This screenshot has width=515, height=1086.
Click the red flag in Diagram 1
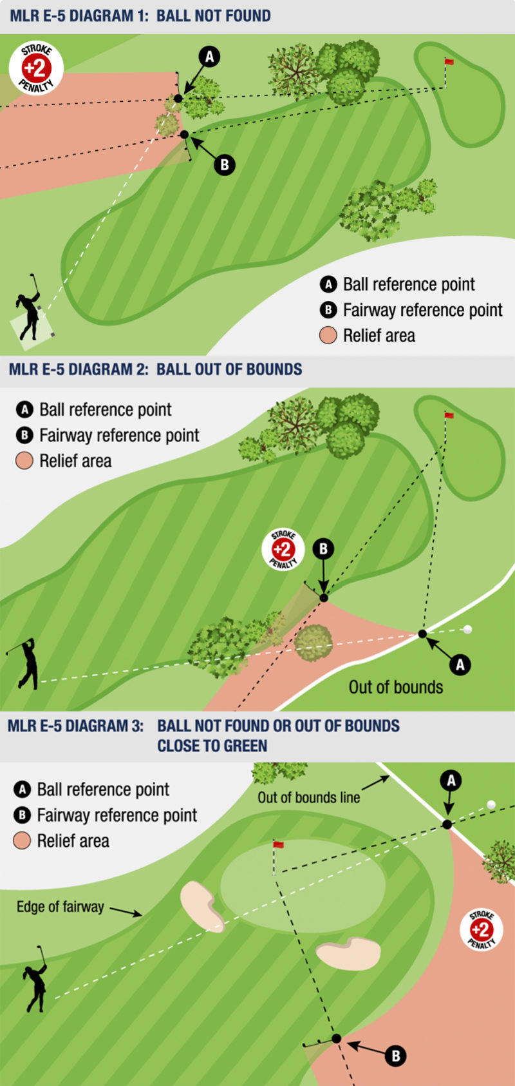449,62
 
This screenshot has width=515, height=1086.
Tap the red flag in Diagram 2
449,415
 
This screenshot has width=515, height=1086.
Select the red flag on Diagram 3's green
278,844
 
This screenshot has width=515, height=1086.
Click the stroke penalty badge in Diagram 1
36,68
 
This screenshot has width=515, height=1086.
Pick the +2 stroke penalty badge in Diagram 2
283,550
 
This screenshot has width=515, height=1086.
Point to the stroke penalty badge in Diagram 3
481,929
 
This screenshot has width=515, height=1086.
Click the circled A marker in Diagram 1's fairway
209,57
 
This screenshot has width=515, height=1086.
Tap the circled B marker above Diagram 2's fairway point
323,549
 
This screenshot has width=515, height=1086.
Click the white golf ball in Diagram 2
467,629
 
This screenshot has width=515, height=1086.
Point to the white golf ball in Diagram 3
491,804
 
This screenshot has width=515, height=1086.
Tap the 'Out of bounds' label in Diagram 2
396,687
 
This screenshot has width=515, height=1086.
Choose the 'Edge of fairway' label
60,907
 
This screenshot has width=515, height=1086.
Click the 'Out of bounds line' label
308,797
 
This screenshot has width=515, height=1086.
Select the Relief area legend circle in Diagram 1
328,335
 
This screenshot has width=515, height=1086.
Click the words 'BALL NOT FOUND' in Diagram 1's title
214,15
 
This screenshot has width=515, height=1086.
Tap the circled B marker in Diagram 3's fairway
396,1056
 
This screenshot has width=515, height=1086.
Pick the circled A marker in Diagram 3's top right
451,781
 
